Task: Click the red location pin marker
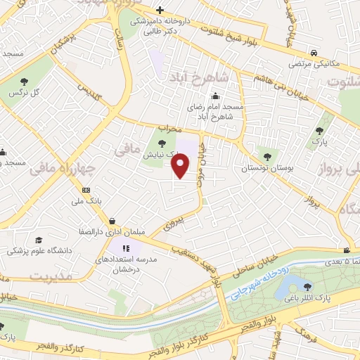pos(181,166)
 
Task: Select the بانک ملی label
pos(91,202)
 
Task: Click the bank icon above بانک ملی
pos(86,190)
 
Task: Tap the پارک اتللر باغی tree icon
pos(307,286)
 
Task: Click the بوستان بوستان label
pos(265,169)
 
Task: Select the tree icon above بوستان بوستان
pos(266,156)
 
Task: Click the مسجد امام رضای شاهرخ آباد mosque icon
pos(215,96)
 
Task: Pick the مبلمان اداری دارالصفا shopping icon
pos(112,221)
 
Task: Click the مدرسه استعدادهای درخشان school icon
pos(127,248)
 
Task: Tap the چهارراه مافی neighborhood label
pos(60,167)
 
